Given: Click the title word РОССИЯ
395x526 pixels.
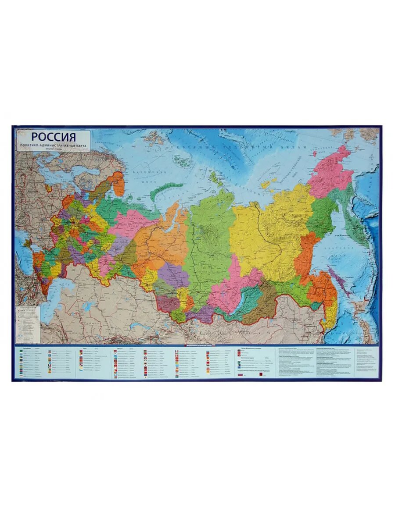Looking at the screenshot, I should point(54,136).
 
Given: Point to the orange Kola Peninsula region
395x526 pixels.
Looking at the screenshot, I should point(118,184).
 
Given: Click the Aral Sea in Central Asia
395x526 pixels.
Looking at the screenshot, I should point(90,306).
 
